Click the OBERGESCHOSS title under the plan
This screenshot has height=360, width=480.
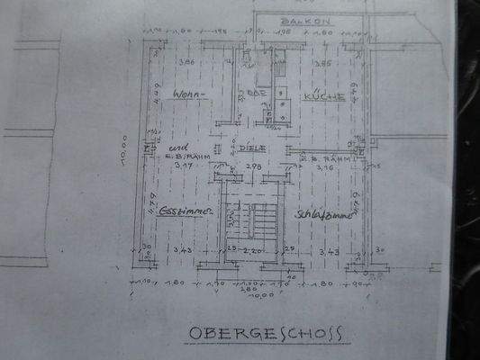point(266,334)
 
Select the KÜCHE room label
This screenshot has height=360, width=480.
point(324,94)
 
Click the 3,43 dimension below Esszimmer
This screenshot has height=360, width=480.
point(186,251)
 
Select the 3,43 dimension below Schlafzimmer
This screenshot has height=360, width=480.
point(329,251)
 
